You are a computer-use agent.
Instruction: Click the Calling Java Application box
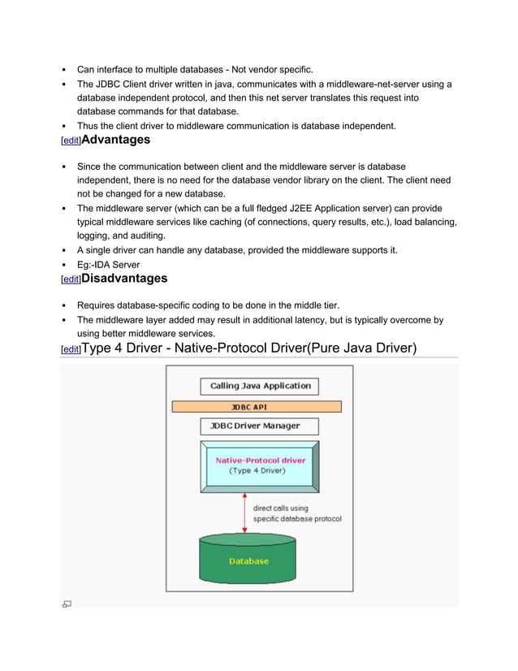pos(260,386)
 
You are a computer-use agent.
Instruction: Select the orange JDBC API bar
pos(256,406)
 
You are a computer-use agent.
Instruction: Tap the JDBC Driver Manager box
pos(260,426)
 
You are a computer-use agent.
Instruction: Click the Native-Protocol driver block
pos(260,465)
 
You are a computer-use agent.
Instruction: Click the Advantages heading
pos(116,140)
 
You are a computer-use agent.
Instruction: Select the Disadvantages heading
pos(125,278)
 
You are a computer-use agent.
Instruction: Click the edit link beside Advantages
pos(71,141)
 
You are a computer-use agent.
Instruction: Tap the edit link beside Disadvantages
pos(71,279)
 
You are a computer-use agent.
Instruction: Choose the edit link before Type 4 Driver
pos(71,349)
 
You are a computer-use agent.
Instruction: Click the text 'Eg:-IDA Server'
pos(108,264)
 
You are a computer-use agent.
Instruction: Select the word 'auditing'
pos(127,236)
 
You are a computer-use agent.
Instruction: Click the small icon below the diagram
pos(67,604)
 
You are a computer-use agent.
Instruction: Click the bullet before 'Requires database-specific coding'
pos(63,305)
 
